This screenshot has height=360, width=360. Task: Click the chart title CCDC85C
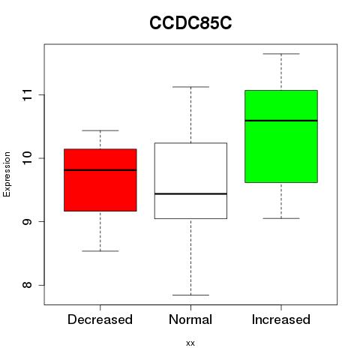(x=190, y=22)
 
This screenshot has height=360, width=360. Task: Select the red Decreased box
(x=100, y=180)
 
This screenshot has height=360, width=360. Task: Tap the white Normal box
(x=190, y=181)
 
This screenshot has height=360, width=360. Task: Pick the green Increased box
(x=281, y=136)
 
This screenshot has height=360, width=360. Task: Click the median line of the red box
(x=100, y=170)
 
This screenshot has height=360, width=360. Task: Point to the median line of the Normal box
(x=190, y=193)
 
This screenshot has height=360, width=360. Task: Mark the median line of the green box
(x=281, y=121)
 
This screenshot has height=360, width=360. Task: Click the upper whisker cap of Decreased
(x=100, y=130)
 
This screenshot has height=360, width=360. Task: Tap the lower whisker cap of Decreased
(x=100, y=250)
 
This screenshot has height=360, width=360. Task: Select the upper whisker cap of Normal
(x=190, y=87)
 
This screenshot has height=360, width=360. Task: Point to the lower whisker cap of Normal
(x=190, y=295)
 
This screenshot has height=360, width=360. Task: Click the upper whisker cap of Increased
(x=281, y=54)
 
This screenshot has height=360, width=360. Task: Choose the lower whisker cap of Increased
(x=281, y=218)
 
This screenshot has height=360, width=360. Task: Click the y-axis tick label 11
(x=28, y=95)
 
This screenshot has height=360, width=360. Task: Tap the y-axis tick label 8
(x=28, y=285)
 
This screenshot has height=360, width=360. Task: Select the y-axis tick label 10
(x=28, y=158)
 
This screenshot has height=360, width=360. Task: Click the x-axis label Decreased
(x=100, y=319)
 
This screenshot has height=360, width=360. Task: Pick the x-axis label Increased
(x=281, y=319)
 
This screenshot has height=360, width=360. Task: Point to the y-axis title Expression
(x=7, y=174)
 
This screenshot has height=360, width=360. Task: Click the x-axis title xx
(x=190, y=343)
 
